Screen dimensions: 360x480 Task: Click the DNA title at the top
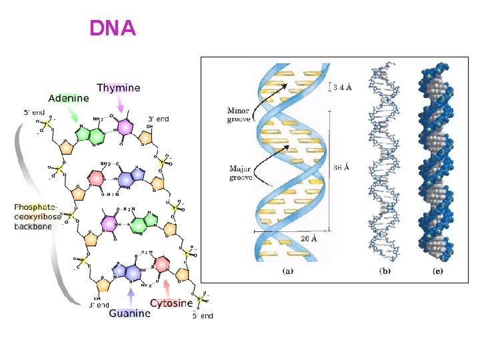tap(113, 29)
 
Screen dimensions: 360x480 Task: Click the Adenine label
tap(68, 98)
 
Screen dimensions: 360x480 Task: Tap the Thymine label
tap(119, 87)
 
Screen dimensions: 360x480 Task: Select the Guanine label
tap(129, 313)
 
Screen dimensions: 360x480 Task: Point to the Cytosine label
tap(171, 303)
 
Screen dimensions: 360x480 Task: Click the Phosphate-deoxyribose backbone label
tap(38, 217)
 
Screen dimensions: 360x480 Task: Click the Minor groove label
tap(238, 115)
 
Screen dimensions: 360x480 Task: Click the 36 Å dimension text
tap(341, 168)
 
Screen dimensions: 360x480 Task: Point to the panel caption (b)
tap(385, 271)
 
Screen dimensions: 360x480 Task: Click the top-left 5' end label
tap(35, 112)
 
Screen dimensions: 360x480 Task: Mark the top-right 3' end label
tap(159, 119)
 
